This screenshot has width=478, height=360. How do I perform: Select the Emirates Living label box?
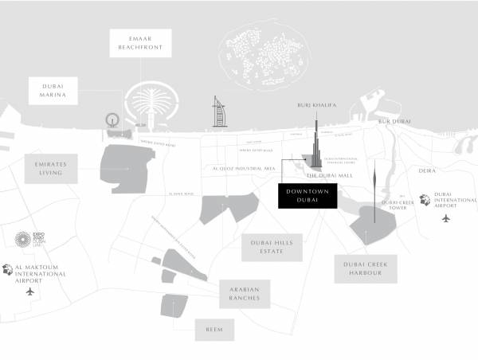coord(51,169)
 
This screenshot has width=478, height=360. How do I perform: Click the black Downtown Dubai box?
coord(308,196)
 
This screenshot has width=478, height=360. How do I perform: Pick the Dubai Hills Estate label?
coord(272,248)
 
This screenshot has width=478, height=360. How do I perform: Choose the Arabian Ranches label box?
coord(245,294)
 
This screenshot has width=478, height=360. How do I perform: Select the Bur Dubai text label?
coord(394,121)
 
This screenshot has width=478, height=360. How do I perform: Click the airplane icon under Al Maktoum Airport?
coord(31,291)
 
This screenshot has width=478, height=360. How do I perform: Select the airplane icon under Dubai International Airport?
coord(445,217)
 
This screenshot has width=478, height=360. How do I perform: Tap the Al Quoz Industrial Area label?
coord(244,169)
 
